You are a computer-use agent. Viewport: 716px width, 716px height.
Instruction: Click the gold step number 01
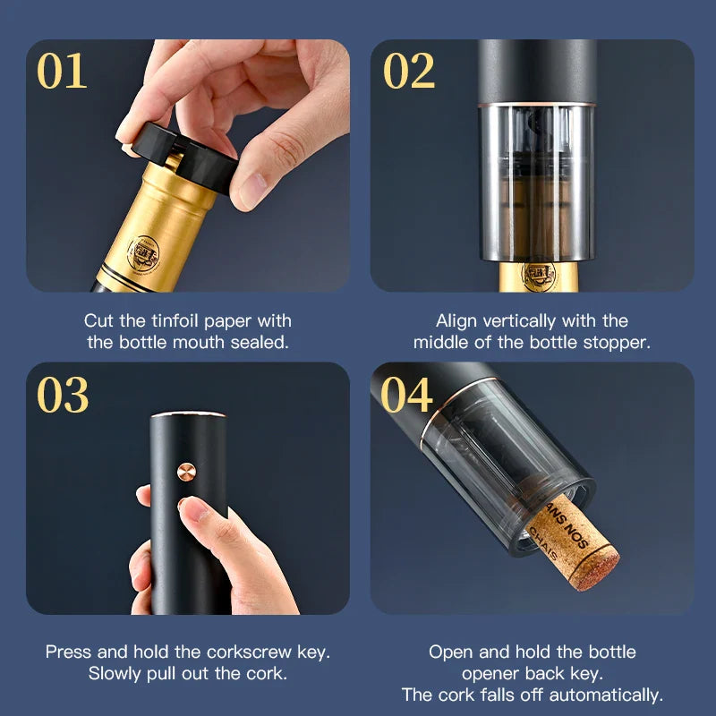coord(62,71)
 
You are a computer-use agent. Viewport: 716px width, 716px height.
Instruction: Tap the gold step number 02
coord(409,71)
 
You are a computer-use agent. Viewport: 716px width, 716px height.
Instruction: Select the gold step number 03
coord(63,395)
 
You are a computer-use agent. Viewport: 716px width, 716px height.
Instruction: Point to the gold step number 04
coord(406,395)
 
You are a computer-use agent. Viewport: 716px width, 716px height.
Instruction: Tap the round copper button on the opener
coord(186,473)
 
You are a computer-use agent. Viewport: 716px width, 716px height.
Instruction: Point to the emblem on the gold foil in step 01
coord(143,254)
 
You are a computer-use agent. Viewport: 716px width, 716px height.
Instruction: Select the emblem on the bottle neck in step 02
coord(540,277)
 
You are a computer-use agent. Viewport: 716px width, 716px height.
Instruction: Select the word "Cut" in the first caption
coord(98,320)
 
